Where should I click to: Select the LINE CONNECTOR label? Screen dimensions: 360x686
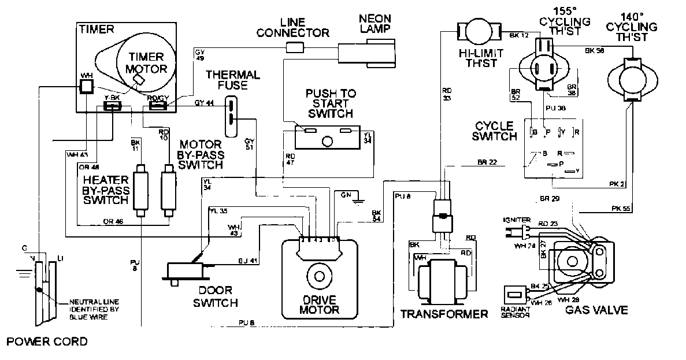(x=292, y=28)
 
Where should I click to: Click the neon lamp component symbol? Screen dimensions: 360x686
(x=368, y=53)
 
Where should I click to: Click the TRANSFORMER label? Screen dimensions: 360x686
(x=444, y=314)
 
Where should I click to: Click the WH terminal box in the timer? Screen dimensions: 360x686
(x=87, y=87)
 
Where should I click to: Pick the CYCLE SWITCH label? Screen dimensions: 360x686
(x=495, y=131)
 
